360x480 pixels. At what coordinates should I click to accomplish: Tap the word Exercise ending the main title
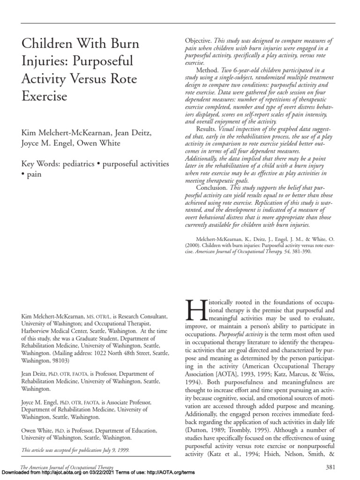tap(45, 96)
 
